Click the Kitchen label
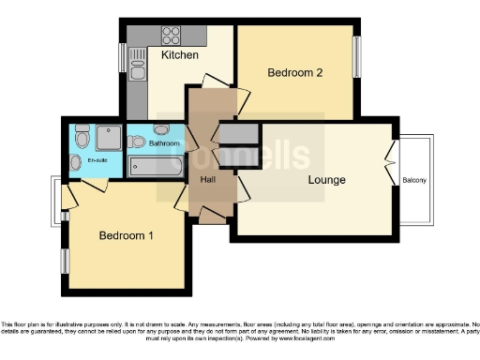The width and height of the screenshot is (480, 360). [x=179, y=55]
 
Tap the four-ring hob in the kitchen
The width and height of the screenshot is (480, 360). [x=172, y=35]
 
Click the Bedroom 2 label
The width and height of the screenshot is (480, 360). [x=295, y=72]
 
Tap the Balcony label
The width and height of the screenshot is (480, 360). [x=415, y=179]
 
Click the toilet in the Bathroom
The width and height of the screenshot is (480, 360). [x=136, y=142]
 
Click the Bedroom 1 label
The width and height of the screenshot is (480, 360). [x=127, y=235]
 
